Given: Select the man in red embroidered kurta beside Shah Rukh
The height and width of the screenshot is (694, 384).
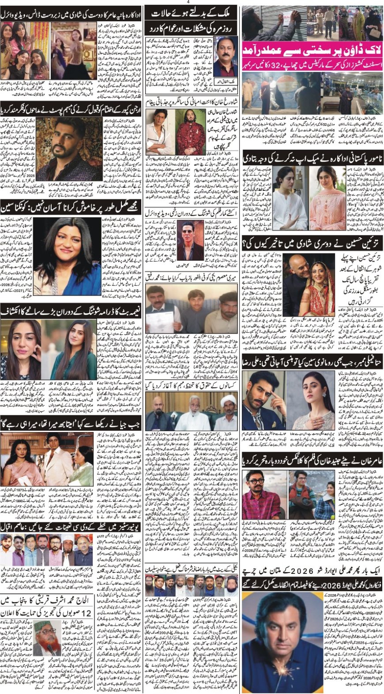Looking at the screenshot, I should [x=192, y=130].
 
